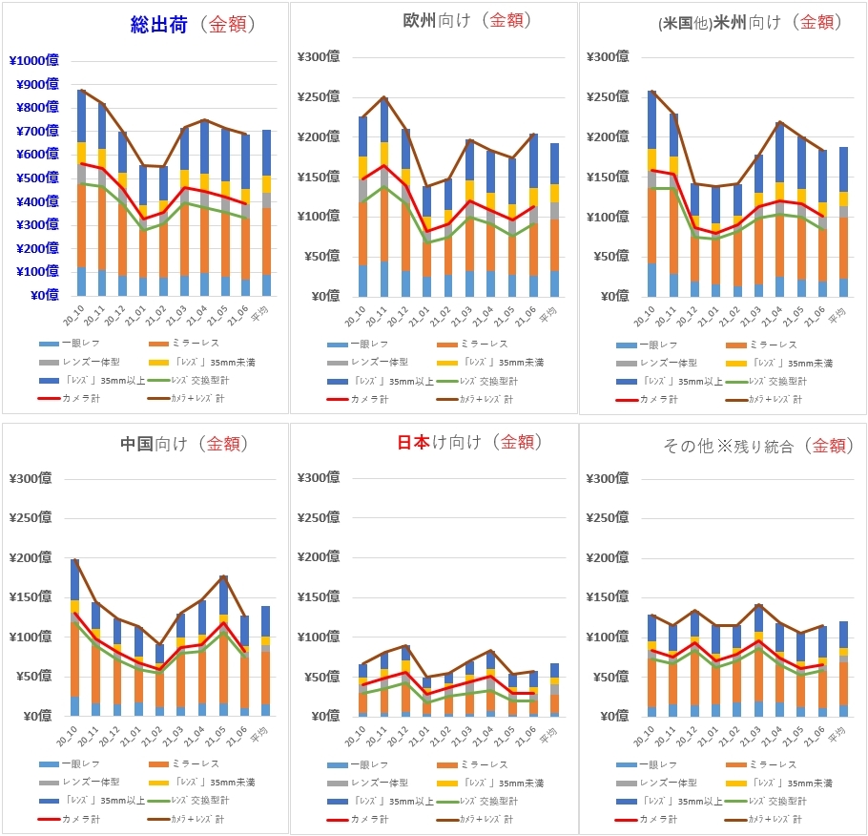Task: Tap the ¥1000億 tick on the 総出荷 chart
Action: pyautogui.click(x=33, y=61)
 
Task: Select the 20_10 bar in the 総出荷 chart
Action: pyautogui.click(x=82, y=191)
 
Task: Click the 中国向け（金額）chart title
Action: pyautogui.click(x=184, y=444)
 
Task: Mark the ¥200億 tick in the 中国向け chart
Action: pyautogui.click(x=29, y=557)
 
